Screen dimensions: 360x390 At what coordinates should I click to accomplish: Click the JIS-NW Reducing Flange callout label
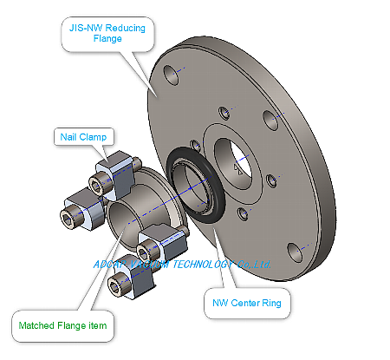click(x=107, y=32)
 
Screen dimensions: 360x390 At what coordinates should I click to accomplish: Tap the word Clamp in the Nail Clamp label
click(x=94, y=136)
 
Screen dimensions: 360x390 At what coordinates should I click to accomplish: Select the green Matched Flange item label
click(x=64, y=327)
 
